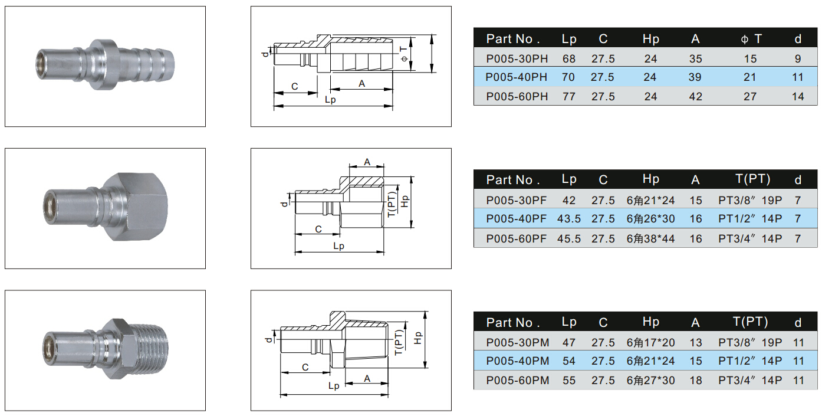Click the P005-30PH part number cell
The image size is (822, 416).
tap(517, 58)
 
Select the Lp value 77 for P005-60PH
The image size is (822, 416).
tap(569, 96)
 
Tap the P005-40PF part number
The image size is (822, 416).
tap(517, 219)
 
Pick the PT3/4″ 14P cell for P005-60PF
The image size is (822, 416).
tap(750, 238)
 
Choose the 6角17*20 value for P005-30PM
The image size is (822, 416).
tap(650, 342)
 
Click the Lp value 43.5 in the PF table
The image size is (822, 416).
tap(569, 219)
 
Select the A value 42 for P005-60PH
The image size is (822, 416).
tap(696, 96)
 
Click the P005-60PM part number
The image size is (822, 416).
tap(517, 381)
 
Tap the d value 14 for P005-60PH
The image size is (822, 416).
tap(798, 96)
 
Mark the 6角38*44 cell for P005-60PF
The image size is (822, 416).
tap(650, 238)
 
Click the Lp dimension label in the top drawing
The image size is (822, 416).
tap(330, 100)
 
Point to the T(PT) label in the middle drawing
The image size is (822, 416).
tap(392, 204)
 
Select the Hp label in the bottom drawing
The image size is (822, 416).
tap(418, 338)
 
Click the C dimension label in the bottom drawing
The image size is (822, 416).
tap(305, 367)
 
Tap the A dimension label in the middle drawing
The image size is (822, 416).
tap(367, 162)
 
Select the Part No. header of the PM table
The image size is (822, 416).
tap(513, 322)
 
